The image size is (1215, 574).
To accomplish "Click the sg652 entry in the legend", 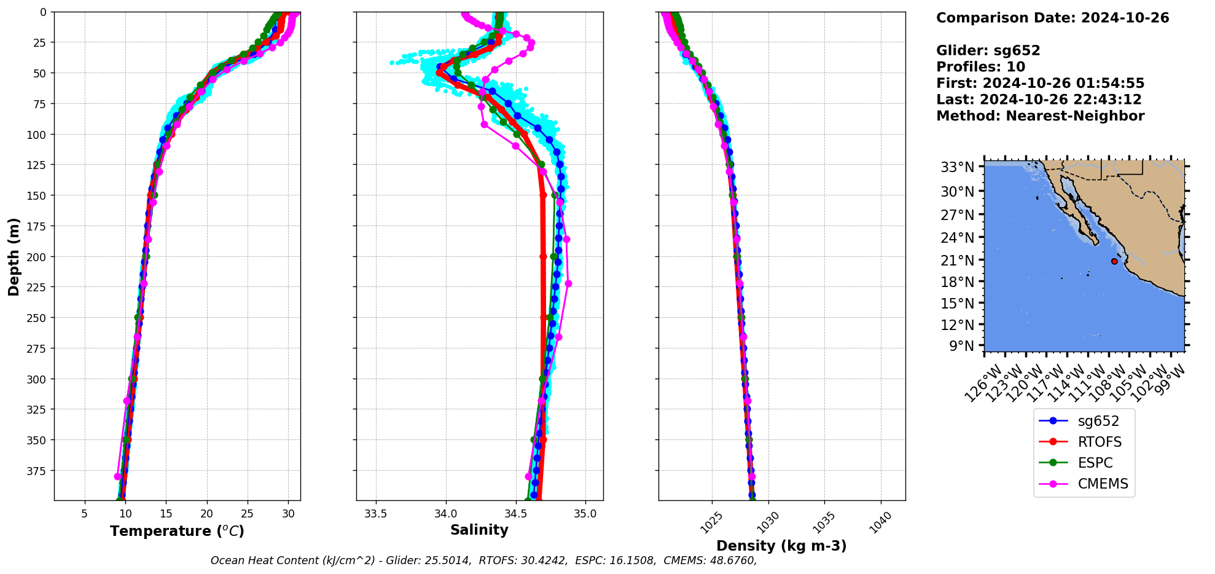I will tap(1098, 421).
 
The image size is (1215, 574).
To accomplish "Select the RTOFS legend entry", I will tap(1099, 442).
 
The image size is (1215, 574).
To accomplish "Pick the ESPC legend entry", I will tap(1095, 463).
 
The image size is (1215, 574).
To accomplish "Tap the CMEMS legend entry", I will tap(1103, 484).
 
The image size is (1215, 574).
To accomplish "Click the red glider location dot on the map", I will tap(1114, 261).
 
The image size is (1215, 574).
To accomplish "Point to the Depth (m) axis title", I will tap(14, 256).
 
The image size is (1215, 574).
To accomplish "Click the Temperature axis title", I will tap(177, 531).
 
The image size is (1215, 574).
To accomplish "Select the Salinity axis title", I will tap(479, 530).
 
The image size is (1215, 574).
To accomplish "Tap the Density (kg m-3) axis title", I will tap(781, 546).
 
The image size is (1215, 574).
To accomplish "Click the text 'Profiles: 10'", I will tap(980, 67).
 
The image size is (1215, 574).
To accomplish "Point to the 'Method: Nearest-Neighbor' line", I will tap(1040, 116).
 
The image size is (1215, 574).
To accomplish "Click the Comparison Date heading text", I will tap(1052, 18).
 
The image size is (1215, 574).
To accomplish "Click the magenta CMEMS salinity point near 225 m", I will tap(568, 283).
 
